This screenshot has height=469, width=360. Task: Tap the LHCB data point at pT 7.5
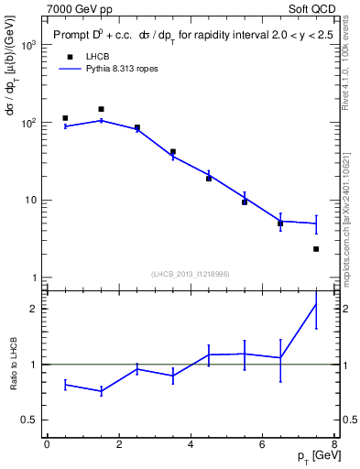[x=316, y=249]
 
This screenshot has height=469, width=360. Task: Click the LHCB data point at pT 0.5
[x=65, y=118]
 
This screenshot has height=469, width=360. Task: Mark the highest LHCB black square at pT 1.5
[x=101, y=109]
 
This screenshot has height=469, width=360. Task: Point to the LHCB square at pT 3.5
[x=172, y=152]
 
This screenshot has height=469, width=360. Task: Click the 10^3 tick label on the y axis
[x=26, y=44]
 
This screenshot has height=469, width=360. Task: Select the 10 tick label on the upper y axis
[x=29, y=200]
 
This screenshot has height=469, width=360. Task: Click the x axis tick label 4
[x=191, y=445]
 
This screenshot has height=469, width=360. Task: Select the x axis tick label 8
[x=334, y=445]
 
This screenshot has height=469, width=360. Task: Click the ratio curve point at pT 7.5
[x=316, y=303]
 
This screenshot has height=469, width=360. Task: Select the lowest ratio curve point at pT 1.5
[x=101, y=391]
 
